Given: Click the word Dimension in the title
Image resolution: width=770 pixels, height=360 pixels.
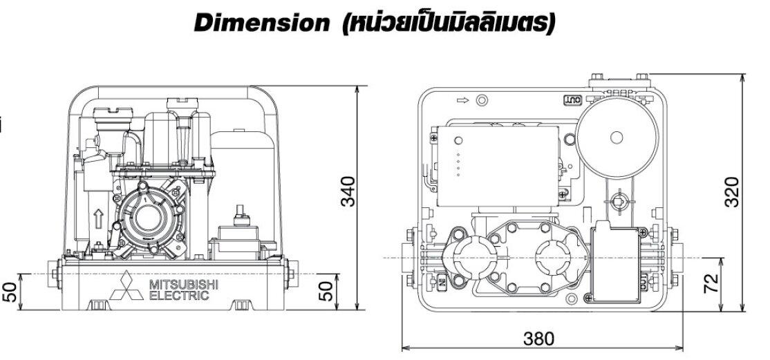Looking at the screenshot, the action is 261,23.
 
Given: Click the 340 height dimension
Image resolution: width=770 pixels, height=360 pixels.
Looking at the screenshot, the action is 348,191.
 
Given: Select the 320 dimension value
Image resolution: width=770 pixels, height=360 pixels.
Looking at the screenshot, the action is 731,191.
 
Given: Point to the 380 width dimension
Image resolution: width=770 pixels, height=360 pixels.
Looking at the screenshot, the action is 538,339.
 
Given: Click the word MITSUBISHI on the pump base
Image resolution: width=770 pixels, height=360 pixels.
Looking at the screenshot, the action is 184,285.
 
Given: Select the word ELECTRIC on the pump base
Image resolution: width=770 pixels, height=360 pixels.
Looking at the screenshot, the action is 179,296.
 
